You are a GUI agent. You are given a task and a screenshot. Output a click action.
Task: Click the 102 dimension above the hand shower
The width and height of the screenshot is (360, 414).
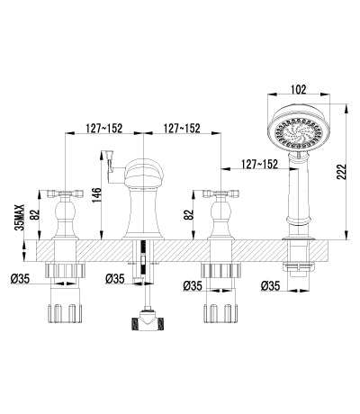tap(299, 89)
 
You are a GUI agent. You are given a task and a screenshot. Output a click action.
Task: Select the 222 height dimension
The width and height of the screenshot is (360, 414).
tap(341, 172)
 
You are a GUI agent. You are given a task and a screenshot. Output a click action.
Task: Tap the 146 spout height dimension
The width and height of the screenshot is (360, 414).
tap(96, 195)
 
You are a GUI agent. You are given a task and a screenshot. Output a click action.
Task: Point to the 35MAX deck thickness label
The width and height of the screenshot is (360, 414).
tap(20, 217)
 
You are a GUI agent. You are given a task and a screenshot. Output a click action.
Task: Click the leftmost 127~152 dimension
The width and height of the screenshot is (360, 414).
tap(104, 128)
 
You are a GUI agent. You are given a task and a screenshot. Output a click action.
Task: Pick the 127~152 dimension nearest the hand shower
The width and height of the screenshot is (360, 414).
tap(259, 164)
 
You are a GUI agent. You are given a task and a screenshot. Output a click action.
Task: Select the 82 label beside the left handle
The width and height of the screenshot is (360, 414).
tap(36, 214)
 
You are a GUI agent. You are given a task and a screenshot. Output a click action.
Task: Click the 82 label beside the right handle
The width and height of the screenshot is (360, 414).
tap(188, 214)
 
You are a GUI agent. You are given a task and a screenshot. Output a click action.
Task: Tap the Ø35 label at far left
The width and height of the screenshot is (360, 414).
tap(20, 279)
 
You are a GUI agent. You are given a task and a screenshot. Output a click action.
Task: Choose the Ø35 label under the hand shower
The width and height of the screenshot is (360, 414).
tap(270, 285)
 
